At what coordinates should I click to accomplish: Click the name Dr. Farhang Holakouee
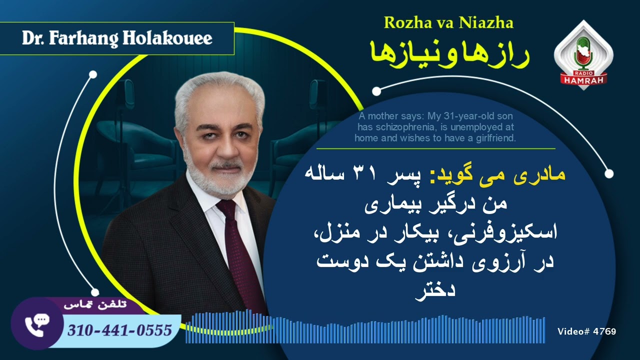(117, 38)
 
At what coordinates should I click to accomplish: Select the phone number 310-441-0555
(119, 330)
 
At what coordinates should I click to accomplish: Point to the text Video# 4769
(586, 331)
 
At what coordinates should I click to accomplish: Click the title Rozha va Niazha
(448, 22)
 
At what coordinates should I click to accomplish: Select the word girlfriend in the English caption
(494, 137)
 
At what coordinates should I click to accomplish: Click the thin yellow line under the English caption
(435, 148)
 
